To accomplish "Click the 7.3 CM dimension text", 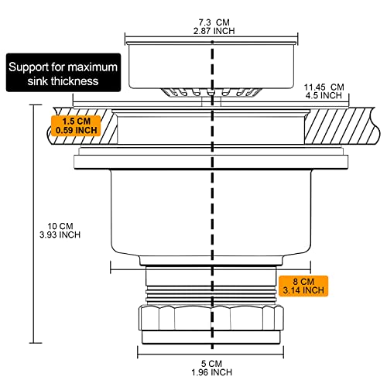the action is click(214, 22).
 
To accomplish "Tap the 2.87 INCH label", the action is click(214, 31).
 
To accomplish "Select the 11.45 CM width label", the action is click(324, 87).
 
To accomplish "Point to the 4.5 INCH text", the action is click(324, 95).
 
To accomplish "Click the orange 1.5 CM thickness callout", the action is click(76, 125).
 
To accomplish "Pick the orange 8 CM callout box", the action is click(303, 286).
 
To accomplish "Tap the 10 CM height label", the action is click(60, 226).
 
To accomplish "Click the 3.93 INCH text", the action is click(60, 235).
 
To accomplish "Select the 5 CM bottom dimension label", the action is click(211, 364).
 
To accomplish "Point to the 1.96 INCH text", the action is click(211, 372).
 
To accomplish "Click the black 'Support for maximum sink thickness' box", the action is click(63, 73).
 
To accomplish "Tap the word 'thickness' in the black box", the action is click(74, 81).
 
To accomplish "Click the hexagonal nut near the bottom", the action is click(211, 318).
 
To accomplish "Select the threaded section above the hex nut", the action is click(211, 294).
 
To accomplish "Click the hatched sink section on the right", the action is click(342, 126).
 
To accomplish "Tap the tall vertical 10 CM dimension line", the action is click(34, 224).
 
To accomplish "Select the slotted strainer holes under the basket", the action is click(211, 92).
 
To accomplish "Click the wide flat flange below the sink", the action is click(211, 162).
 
